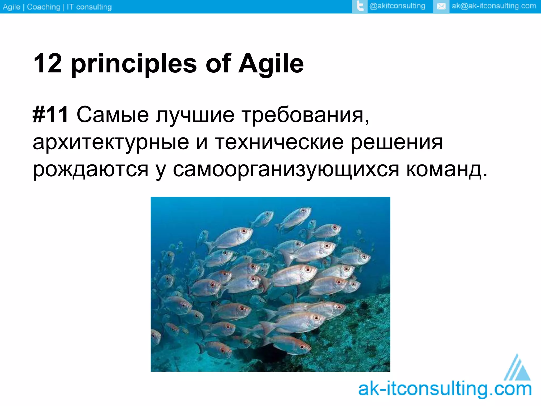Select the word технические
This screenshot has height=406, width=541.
[279, 142]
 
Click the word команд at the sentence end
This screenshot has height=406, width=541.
[444, 169]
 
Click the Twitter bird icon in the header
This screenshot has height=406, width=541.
[360, 6]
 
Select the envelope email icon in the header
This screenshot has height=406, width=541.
[441, 6]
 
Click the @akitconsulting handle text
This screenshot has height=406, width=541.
[397, 6]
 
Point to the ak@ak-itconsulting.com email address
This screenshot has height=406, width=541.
[494, 6]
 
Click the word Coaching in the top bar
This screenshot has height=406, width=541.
[44, 7]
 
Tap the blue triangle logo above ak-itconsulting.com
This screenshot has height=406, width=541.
[518, 369]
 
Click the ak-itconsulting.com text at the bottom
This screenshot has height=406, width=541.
[445, 390]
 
